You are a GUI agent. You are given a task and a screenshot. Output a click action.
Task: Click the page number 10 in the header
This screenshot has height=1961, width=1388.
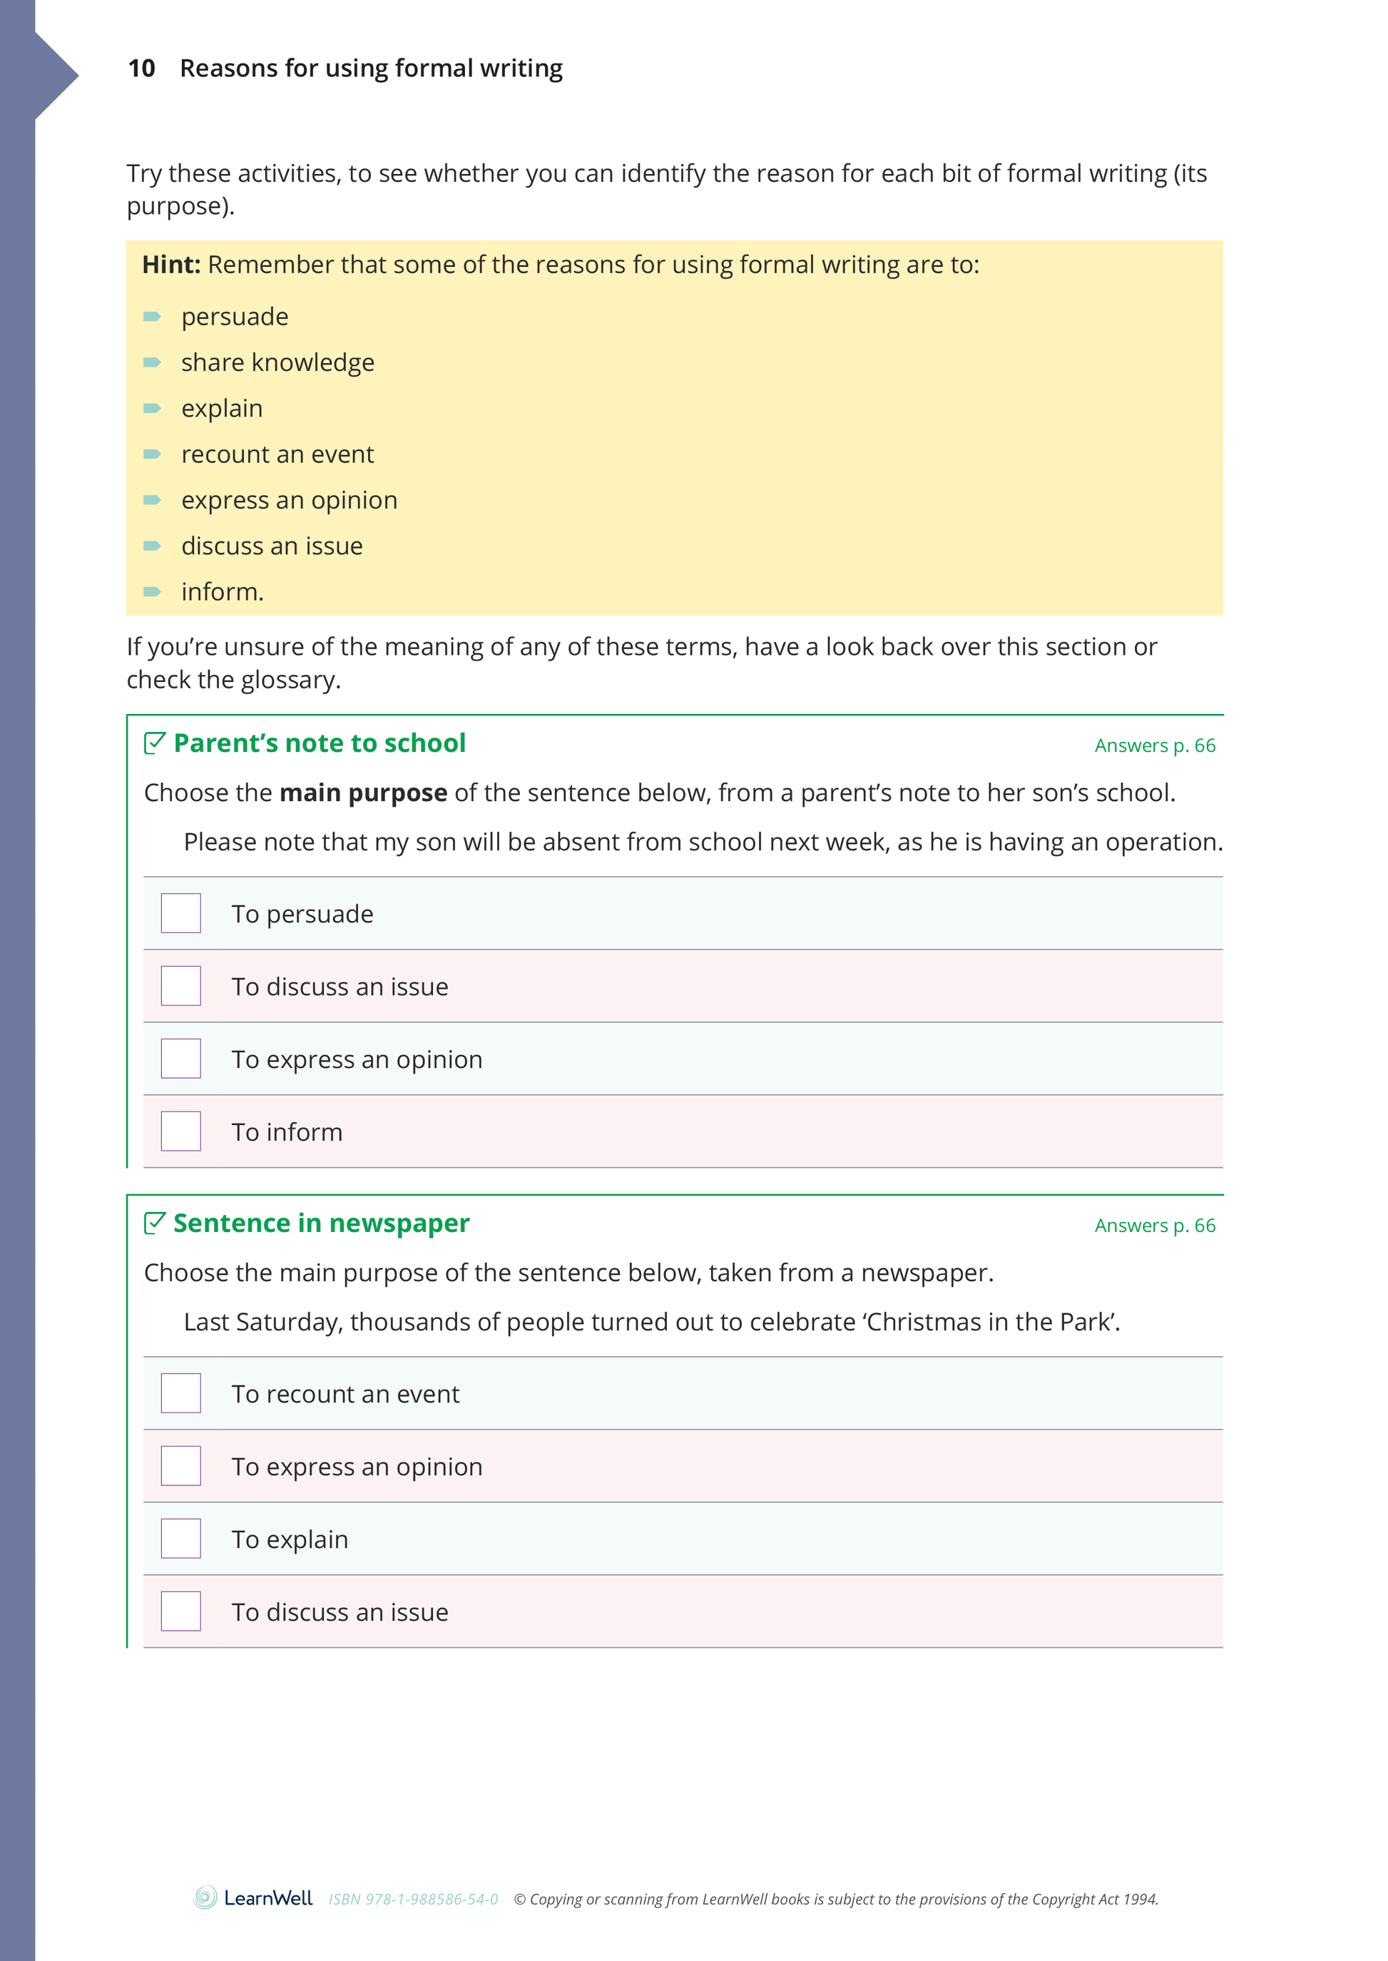[141, 68]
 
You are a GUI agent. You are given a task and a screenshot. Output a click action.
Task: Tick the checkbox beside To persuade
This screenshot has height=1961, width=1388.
[181, 913]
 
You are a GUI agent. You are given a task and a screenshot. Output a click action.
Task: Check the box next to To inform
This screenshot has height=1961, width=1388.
[181, 1131]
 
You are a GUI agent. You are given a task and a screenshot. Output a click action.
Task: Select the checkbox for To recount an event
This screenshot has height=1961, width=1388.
[181, 1393]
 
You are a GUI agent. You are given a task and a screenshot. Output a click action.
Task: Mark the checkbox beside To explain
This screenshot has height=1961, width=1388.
[181, 1539]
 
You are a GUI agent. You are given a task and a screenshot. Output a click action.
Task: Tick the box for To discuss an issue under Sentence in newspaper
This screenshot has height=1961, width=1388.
[181, 1611]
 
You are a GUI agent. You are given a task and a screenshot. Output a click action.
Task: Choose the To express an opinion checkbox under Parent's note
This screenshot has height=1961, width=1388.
[181, 1059]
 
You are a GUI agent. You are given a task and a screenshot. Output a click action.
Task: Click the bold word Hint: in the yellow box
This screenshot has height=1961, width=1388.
[171, 265]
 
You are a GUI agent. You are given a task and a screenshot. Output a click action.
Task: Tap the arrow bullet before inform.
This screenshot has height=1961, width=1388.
[152, 591]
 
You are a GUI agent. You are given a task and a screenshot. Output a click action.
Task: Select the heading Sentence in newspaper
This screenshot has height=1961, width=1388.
[322, 1223]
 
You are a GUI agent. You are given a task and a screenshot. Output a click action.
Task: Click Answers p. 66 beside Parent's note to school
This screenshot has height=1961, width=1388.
[1155, 745]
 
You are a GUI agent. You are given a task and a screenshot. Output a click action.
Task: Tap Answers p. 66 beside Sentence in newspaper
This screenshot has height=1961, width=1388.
[1155, 1225]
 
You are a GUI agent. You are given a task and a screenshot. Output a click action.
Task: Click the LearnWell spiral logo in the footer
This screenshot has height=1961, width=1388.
[205, 1898]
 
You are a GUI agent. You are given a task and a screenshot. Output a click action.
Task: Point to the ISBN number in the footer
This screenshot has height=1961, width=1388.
[414, 1900]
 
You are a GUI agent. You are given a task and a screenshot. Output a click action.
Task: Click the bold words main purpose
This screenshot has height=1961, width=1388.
[363, 793]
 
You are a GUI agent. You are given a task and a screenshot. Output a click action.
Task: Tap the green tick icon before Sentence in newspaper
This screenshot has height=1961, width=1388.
[155, 1223]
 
